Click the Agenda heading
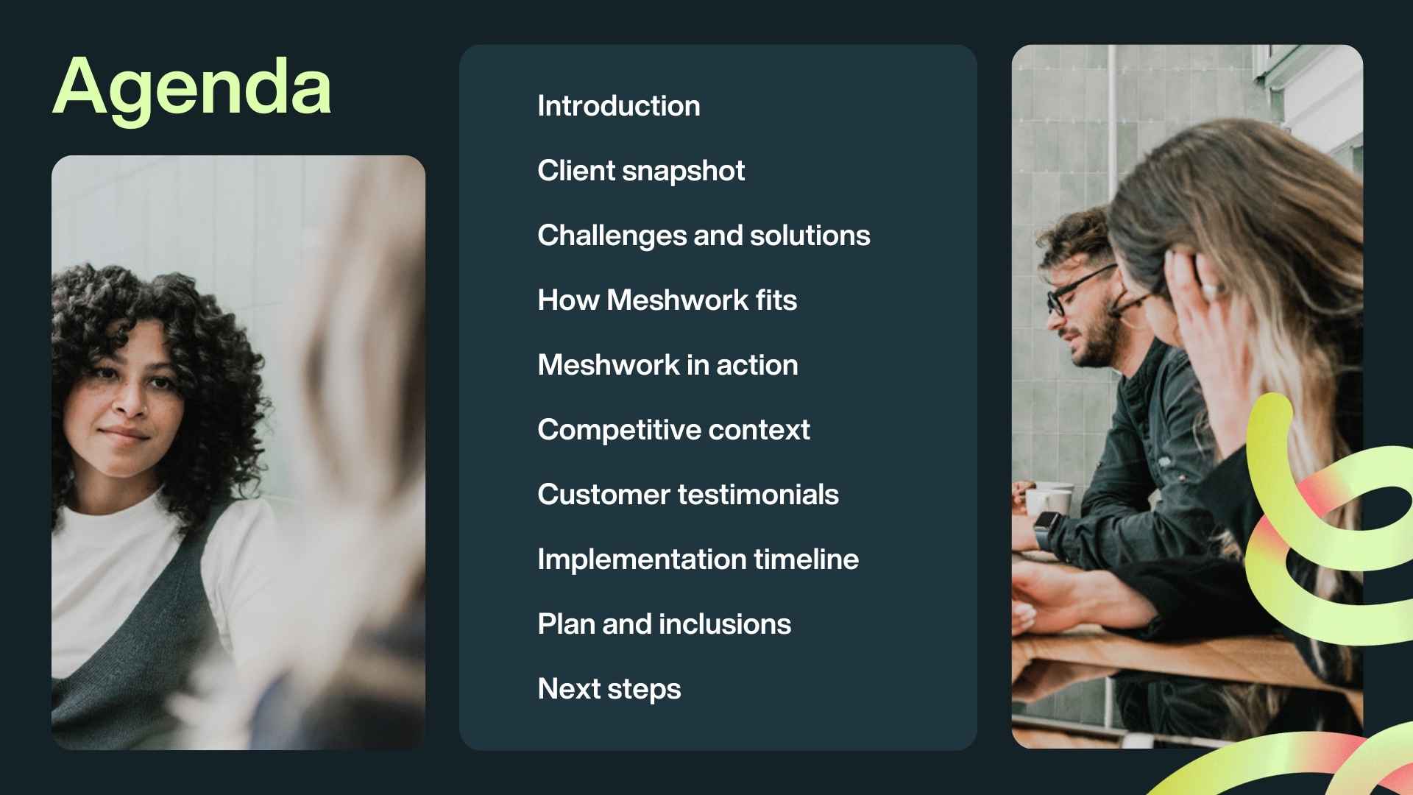pos(192,88)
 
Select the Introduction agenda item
pos(618,106)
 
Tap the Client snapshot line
pos(640,171)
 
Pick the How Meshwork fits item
pos(667,300)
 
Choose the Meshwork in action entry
pos(667,365)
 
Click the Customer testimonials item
pos(687,495)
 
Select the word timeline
pos(806,559)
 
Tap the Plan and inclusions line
pos(664,624)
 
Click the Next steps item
pos(609,689)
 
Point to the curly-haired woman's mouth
pos(124,434)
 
